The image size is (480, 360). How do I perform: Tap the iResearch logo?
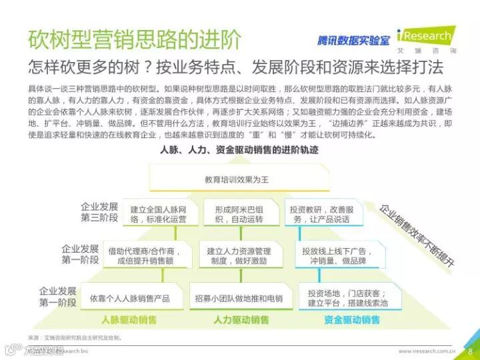tap(425, 37)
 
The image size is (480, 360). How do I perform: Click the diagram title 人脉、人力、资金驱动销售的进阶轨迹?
tap(240, 150)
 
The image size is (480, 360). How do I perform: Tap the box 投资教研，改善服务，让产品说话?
tap(317, 213)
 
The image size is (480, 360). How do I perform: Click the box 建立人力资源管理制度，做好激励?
tap(239, 256)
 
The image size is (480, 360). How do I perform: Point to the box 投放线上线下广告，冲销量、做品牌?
tap(337, 256)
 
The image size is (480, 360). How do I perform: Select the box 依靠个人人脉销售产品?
tap(129, 298)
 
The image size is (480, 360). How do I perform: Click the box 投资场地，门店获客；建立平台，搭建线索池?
tap(347, 298)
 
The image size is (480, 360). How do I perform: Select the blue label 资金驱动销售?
tap(352, 320)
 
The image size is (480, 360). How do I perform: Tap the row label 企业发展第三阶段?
tap(99, 212)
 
